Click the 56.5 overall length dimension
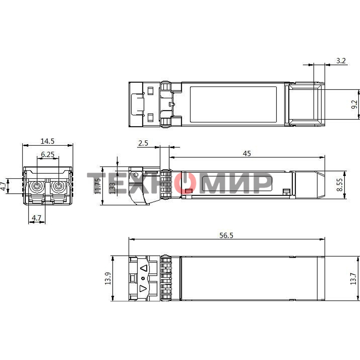[x=226, y=235]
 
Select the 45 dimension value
[x=246, y=154]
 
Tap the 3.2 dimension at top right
[x=341, y=61]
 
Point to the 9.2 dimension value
[x=354, y=104]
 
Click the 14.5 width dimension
[x=48, y=141]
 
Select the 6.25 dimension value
[x=48, y=154]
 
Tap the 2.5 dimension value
[x=143, y=143]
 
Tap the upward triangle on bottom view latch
[x=144, y=269]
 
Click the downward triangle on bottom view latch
[x=143, y=288]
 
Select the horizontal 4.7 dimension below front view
[x=37, y=217]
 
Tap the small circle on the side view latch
[x=136, y=175]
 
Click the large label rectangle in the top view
[x=233, y=104]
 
